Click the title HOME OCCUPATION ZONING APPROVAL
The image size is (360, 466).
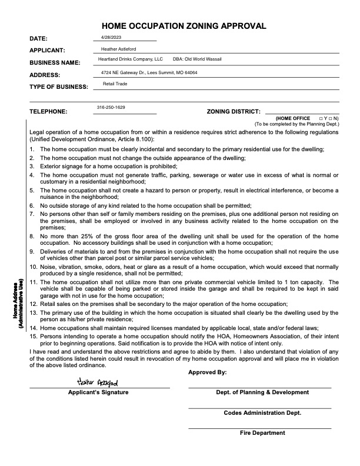point(184,26)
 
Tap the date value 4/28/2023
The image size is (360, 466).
point(110,37)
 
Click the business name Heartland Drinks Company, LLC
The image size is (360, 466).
point(130,59)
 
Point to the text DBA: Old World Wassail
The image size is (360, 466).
point(197,59)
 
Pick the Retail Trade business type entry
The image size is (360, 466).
point(115,84)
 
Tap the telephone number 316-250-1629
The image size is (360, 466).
point(111,108)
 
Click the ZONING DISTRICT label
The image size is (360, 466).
point(233,111)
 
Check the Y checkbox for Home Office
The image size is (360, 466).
point(321,118)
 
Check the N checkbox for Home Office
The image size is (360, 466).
point(331,118)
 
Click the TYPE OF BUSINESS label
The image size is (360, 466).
point(58,87)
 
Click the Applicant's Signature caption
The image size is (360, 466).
point(98,392)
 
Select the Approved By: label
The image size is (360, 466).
point(207,372)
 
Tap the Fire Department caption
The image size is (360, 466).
point(262,433)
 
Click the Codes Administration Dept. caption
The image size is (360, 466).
point(262,412)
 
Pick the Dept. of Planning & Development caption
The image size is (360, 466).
point(262,392)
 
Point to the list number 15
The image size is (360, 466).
point(34,335)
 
